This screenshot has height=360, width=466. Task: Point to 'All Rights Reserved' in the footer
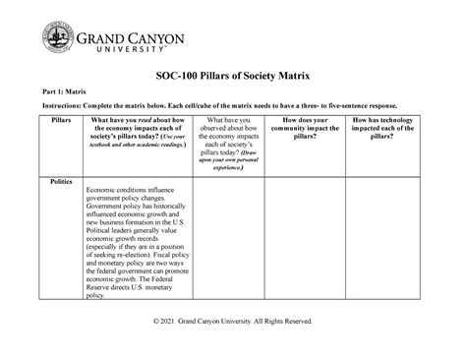(x=280, y=322)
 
